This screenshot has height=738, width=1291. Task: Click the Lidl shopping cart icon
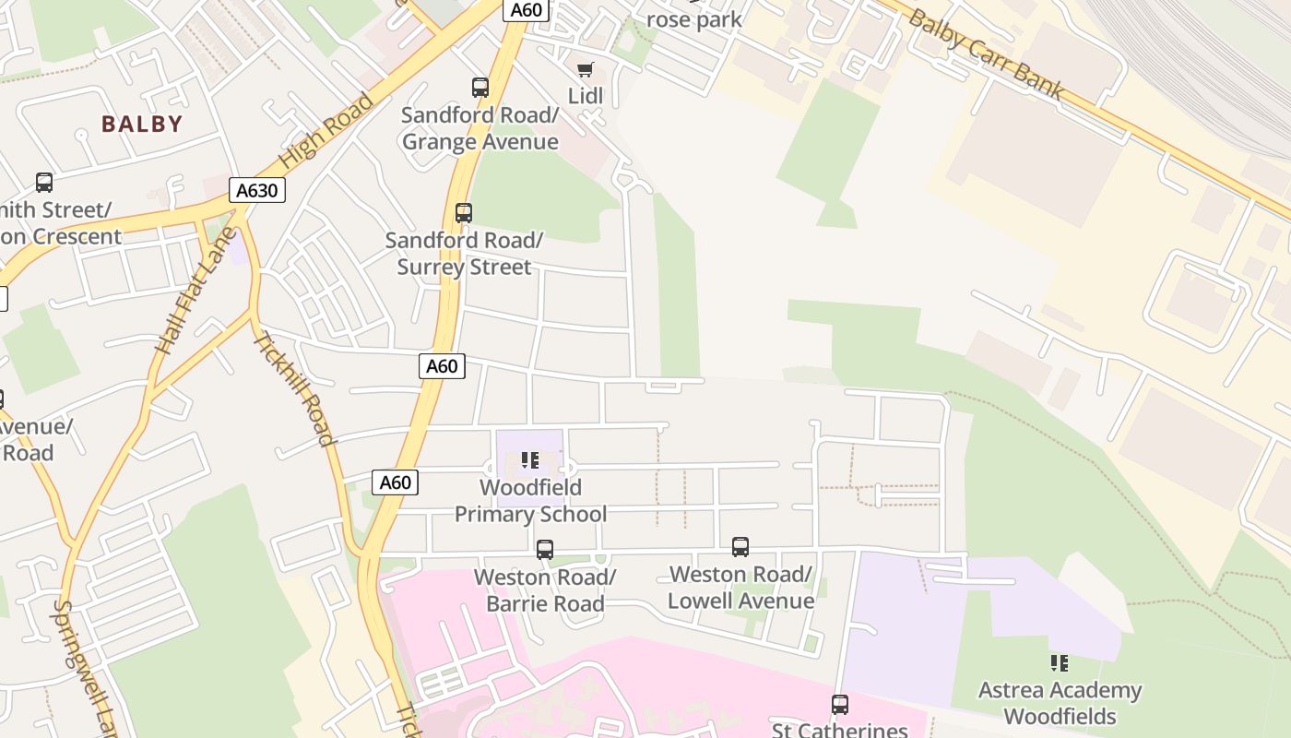585,70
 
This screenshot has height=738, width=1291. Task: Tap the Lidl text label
585,96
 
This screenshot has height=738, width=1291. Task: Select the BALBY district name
142,124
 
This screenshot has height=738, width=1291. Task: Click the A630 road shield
256,191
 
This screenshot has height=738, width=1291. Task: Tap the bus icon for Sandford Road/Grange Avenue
480,88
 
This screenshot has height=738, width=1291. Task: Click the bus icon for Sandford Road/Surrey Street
464,213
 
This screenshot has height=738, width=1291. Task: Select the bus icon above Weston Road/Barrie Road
545,550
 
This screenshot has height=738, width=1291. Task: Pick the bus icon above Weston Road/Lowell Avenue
740,547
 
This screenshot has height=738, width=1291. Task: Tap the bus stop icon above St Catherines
839,705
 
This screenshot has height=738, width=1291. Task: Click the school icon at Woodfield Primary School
530,459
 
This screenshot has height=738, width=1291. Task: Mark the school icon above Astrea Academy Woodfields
1060,662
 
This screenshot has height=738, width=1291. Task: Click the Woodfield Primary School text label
530,501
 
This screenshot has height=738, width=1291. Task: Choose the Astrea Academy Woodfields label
1060,703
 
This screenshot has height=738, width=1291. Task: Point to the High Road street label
326,129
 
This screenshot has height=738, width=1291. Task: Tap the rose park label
693,19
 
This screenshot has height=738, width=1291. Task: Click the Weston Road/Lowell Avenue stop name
741,588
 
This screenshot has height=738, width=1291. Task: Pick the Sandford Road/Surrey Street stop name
464,254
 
